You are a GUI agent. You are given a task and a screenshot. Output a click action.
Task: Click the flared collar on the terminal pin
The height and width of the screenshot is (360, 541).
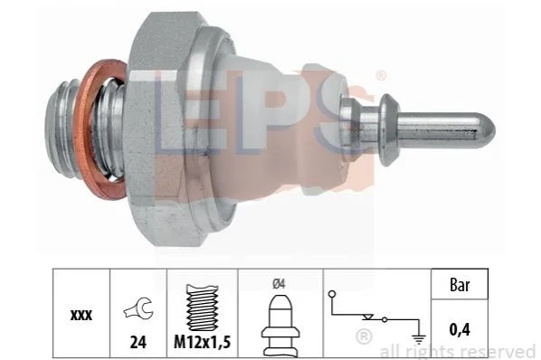[x=388, y=129]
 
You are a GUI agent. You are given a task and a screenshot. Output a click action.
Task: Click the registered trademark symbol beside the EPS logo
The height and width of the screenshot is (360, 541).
[x=380, y=75]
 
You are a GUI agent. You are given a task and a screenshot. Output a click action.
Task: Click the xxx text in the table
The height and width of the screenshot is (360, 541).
[x=81, y=315]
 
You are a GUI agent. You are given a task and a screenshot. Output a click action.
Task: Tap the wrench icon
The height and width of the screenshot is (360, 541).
[x=138, y=308]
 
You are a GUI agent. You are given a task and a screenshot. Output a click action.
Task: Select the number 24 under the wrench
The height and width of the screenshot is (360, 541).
[x=138, y=342]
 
